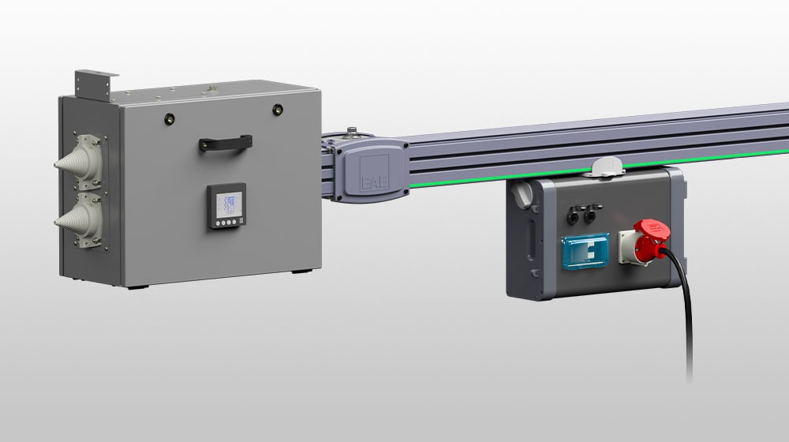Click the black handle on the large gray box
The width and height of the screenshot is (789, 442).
[x=226, y=142]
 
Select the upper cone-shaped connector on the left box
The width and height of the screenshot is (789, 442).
[x=79, y=157]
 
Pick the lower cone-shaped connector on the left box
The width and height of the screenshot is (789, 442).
[x=79, y=220]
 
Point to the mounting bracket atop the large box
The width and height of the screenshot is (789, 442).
[x=95, y=81]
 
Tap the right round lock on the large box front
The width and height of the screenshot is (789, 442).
[x=278, y=110]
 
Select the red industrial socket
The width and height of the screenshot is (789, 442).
[x=645, y=244]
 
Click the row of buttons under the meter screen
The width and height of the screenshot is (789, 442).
[x=226, y=223]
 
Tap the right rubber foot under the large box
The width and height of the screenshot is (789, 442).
[x=299, y=272]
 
